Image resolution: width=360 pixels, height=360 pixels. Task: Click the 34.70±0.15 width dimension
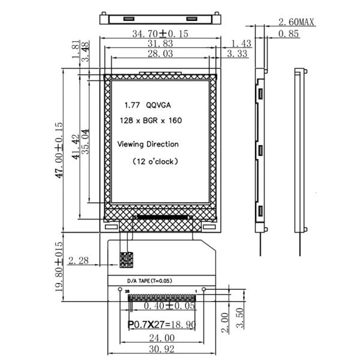point(159,34)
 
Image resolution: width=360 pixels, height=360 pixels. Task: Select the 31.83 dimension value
point(159,44)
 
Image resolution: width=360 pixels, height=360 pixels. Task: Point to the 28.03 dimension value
point(159,55)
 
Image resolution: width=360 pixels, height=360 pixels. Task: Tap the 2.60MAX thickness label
point(296,23)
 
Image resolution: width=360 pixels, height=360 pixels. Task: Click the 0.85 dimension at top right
point(290,34)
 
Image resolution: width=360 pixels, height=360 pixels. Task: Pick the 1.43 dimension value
point(239,44)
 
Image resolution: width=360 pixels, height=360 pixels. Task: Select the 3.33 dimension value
point(239,55)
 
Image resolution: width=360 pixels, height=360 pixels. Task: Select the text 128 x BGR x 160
point(151,121)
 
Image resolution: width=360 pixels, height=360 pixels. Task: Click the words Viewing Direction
point(148,145)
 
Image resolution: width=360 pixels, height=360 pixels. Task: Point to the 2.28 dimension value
point(79,260)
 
